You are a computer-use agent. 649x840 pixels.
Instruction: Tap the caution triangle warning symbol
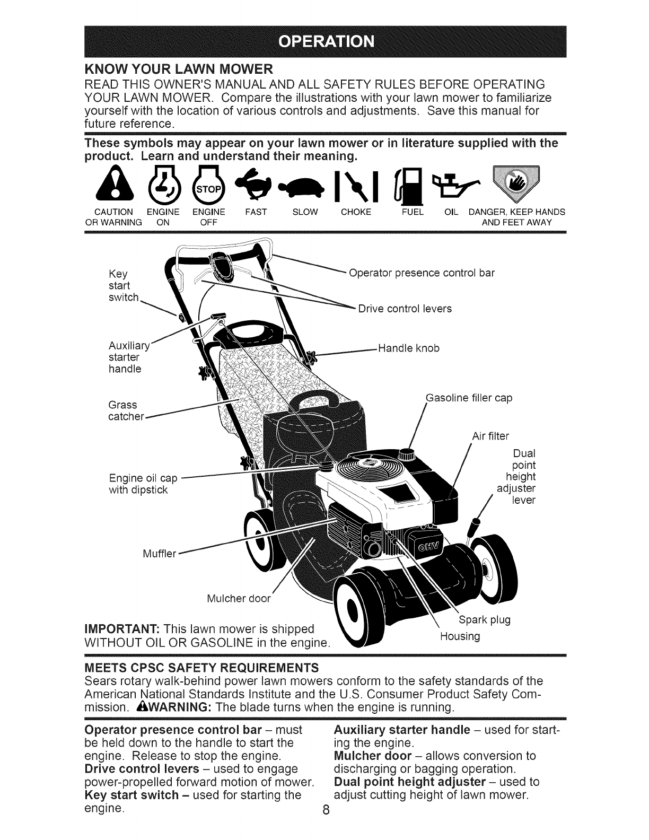110,188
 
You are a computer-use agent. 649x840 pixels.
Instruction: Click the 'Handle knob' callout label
408,348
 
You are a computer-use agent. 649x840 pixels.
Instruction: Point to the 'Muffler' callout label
159,554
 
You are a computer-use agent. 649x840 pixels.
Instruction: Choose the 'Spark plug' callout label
483,620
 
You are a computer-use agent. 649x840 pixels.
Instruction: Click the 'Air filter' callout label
490,436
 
